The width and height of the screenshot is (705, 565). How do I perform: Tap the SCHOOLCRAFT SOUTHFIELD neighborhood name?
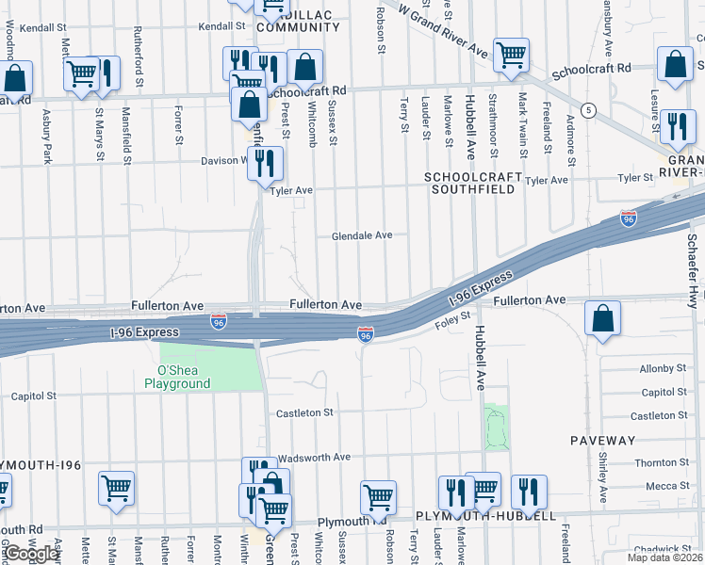click(470, 183)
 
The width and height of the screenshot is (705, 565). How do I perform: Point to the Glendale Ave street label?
click(361, 235)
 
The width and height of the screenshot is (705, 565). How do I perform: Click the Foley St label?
click(451, 324)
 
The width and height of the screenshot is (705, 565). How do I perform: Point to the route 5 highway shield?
click(589, 110)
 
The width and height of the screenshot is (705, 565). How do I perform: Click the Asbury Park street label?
click(47, 137)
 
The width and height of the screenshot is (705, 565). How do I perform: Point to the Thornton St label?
click(663, 462)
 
